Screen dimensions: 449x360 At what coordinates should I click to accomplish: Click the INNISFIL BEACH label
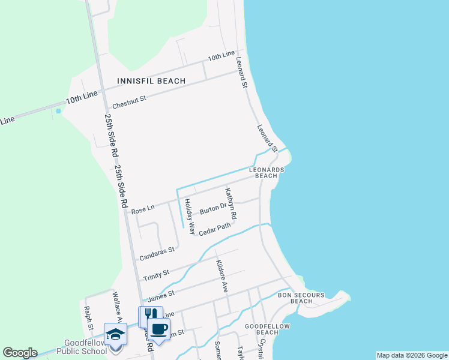click(x=151, y=80)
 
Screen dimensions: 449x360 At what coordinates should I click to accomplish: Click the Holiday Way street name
click(x=188, y=216)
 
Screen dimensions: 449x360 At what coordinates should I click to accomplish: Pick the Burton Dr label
click(x=212, y=209)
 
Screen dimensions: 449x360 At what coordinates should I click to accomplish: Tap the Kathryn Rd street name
click(x=231, y=203)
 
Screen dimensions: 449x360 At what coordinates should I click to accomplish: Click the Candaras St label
click(x=157, y=254)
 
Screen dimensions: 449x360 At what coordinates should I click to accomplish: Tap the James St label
click(x=160, y=295)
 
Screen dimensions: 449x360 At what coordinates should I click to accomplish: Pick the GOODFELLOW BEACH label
click(x=267, y=329)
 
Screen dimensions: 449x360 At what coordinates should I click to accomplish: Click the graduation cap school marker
click(x=115, y=335)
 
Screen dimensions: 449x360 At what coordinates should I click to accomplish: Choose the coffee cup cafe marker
click(x=158, y=329)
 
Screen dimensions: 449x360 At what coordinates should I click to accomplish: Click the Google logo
click(x=20, y=353)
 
